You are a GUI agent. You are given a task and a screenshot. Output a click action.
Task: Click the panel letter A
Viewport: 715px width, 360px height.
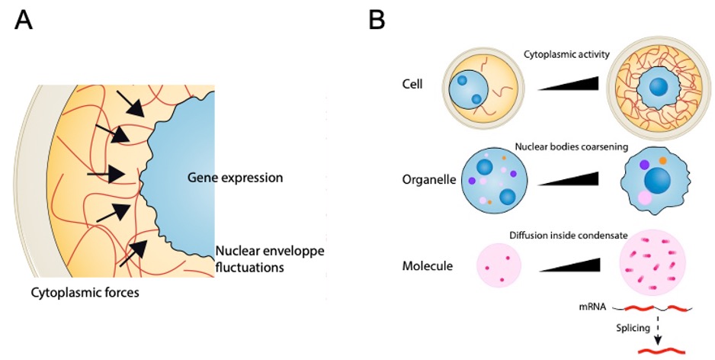pyautogui.click(x=24, y=21)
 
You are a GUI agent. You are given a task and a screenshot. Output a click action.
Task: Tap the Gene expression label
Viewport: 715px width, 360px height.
pyautogui.click(x=236, y=178)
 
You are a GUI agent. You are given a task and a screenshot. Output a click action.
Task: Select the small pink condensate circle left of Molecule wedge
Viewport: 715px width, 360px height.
pyautogui.click(x=499, y=265)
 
